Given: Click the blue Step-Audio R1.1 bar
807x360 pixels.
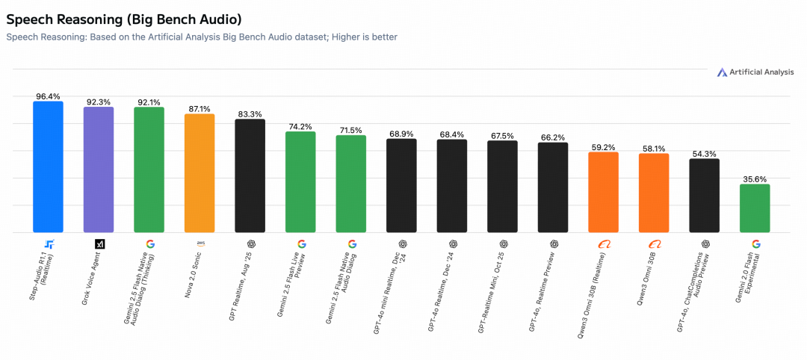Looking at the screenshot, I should (48, 167).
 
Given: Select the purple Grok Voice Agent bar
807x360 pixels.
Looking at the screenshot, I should (99, 170).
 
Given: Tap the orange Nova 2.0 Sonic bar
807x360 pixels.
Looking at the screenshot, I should (200, 173).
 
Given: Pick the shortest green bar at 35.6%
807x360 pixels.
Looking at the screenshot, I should (755, 208).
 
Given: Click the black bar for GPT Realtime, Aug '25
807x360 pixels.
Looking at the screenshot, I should (250, 176).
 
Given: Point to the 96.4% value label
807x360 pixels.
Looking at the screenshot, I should (48, 96).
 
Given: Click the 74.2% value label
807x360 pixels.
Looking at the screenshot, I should (300, 127).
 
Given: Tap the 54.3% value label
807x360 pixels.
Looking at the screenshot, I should (704, 154).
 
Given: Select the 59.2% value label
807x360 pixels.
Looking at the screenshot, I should (603, 147).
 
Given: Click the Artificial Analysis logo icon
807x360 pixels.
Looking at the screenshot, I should (722, 72).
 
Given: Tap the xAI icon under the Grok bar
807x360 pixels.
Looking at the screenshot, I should (99, 243).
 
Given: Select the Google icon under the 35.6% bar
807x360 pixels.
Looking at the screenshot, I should (755, 243).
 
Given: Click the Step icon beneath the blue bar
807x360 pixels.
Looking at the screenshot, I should (49, 243).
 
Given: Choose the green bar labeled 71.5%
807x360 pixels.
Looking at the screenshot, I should (350, 184).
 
